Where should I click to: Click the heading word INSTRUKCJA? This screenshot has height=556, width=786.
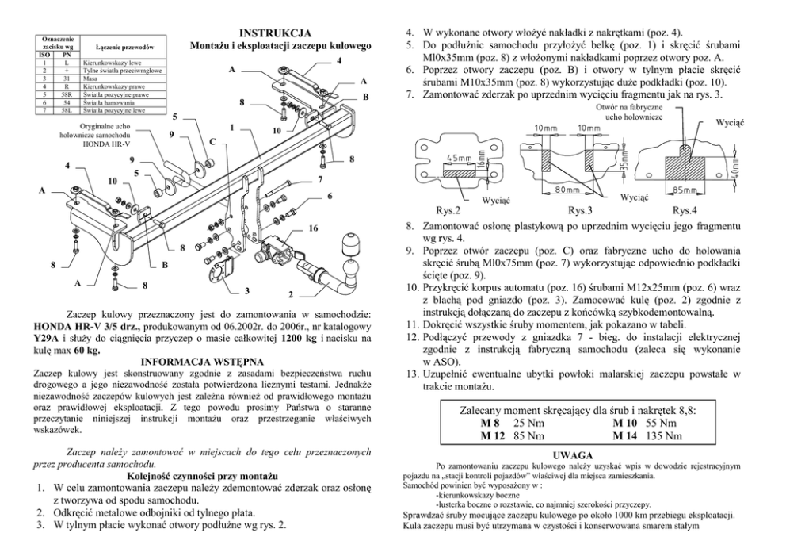(x=275, y=33)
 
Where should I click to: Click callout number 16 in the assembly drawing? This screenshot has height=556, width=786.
(x=314, y=228)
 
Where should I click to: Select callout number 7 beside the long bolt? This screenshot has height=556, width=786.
(x=319, y=179)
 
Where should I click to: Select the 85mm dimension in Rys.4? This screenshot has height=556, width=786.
(x=683, y=190)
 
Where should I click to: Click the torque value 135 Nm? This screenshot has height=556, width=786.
(x=664, y=435)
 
